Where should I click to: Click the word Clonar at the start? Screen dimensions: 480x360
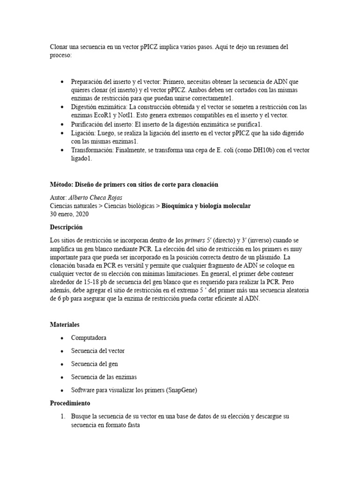[59, 47]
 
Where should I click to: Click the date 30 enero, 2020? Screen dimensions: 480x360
[69, 214]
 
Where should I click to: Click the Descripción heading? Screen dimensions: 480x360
[66, 227]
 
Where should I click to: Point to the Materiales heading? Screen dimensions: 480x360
[65, 324]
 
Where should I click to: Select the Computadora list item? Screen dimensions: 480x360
[89, 337]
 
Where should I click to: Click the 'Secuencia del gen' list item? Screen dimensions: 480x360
[94, 364]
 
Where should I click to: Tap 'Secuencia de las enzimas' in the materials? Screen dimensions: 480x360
[104, 377]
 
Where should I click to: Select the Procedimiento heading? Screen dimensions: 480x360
[70, 403]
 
